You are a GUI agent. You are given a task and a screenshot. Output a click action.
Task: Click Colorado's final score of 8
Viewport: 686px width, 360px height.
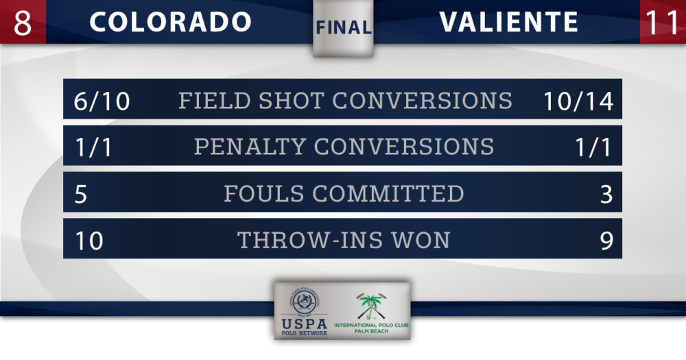pos(23,23)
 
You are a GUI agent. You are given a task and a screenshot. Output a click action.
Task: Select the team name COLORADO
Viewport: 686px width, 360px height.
pos(170,22)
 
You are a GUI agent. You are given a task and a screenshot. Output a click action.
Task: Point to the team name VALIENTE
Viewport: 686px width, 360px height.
pos(509,22)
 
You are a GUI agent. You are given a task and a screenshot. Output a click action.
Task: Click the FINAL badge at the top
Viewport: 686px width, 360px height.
pos(344,27)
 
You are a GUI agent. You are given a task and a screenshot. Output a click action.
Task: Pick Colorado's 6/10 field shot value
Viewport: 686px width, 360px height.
pos(102,101)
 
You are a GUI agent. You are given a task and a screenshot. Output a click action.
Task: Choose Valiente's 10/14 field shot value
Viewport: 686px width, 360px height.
pos(578,101)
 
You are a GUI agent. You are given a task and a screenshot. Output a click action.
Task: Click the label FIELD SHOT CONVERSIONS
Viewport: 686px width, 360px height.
pos(345,101)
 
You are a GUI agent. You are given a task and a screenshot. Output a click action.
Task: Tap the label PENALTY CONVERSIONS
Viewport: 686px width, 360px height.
pos(344,147)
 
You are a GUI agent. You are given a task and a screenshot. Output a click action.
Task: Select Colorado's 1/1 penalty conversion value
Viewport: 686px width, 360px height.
pos(93,147)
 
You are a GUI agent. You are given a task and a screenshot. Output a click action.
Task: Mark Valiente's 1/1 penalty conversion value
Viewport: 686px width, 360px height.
pos(593,147)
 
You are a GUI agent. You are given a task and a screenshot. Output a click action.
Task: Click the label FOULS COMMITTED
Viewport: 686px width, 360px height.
pos(344,193)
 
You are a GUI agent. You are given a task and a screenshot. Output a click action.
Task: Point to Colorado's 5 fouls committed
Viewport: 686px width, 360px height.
pos(80,194)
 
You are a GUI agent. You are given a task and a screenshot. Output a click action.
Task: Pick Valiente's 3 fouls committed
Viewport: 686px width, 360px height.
pos(606,194)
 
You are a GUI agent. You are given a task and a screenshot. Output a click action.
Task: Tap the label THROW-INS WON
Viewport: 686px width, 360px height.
pos(344,240)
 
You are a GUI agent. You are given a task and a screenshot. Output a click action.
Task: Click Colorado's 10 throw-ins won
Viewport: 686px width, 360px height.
pos(89,241)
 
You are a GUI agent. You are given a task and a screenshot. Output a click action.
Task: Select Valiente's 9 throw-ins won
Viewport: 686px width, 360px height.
pos(606,241)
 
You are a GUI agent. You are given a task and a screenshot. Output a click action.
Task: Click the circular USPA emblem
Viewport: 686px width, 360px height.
pos(305,302)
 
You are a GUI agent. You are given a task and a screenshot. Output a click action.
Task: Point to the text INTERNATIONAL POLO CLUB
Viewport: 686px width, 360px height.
pos(371,325)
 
